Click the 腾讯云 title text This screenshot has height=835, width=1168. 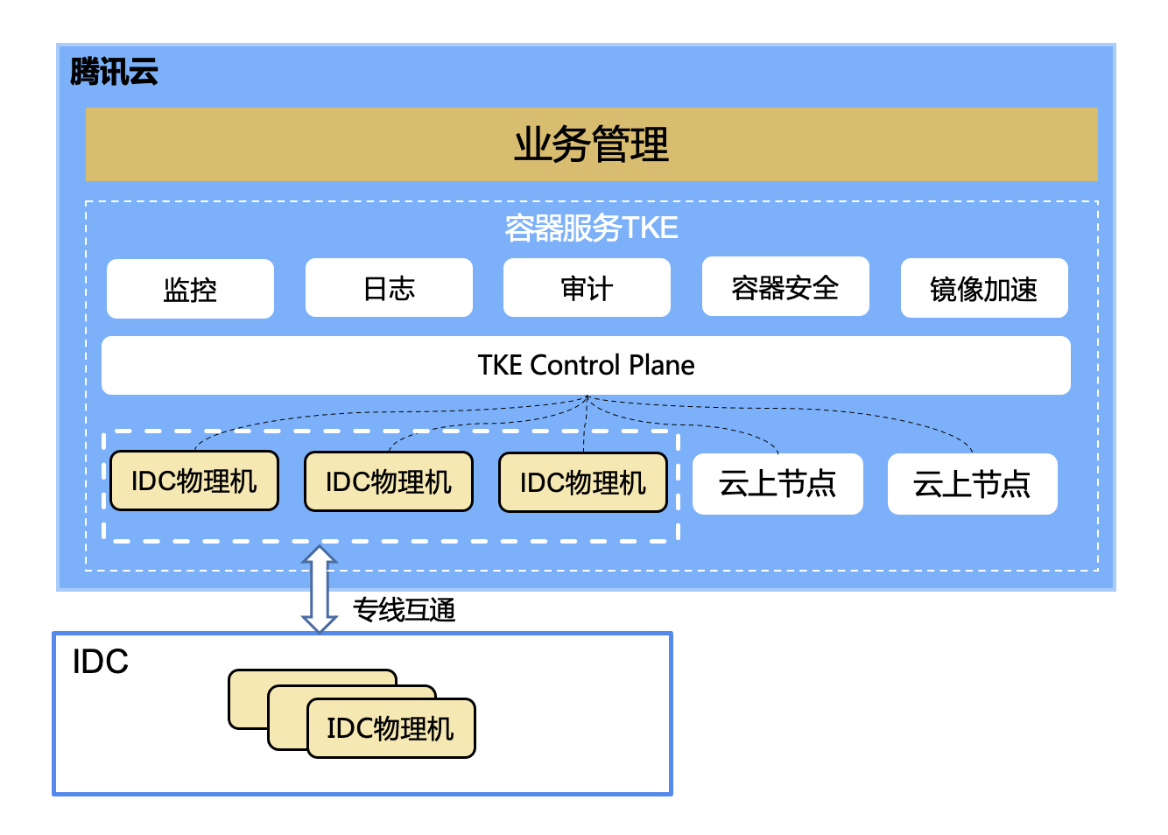[114, 72]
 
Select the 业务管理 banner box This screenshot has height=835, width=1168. [591, 144]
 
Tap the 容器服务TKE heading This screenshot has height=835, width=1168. [591, 228]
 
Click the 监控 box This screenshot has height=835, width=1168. [190, 289]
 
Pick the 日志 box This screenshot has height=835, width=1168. [389, 288]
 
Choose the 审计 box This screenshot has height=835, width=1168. [587, 288]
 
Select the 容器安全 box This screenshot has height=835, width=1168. [785, 286]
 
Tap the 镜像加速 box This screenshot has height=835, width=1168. [984, 288]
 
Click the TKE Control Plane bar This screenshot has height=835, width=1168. [586, 365]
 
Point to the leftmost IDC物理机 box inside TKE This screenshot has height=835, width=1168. [194, 481]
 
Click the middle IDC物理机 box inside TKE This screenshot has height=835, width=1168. [389, 481]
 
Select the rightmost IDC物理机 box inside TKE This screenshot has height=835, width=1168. [583, 482]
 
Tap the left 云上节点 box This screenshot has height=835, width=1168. [777, 484]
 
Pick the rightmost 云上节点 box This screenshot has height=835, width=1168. [973, 484]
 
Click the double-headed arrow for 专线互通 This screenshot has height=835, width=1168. [320, 589]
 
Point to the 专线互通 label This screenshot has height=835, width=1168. [405, 609]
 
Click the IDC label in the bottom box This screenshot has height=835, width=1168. [100, 662]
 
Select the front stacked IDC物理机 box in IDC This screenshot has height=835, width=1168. [391, 727]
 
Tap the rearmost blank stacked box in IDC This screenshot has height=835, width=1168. [248, 698]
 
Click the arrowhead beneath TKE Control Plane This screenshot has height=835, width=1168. [587, 397]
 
